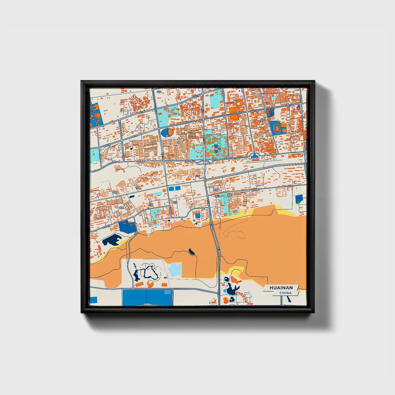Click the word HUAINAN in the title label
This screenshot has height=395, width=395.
coord(281,288)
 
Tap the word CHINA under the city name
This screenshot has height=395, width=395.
coord(285,293)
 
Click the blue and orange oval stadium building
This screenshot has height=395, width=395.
coord(168,133)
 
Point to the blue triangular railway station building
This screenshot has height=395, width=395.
coord(255,156)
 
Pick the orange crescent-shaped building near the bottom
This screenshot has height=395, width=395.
coord(150,284)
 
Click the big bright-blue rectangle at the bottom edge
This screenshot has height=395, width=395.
coord(147,297)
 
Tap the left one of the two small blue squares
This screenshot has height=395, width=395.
coord(171,189)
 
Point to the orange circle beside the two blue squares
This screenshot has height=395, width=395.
coord(164,190)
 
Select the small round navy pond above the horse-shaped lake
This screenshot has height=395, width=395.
coord(227,279)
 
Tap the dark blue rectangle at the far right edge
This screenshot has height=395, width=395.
coord(299,199)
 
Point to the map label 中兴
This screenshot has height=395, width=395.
coord(175,203)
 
